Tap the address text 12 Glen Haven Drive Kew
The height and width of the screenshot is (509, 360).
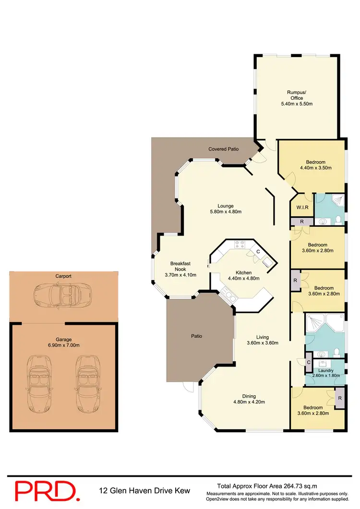tap(144, 491)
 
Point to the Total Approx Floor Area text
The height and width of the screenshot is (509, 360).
tap(266, 486)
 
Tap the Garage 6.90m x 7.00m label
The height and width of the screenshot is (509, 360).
tap(63, 342)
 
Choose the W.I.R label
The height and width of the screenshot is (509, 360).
tap(302, 208)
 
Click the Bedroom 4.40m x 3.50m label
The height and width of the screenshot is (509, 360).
tap(315, 165)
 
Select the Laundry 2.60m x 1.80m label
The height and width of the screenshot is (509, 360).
tap(326, 373)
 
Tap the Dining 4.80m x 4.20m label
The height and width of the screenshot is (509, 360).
tap(249, 399)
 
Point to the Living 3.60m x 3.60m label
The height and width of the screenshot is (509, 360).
tap(262, 340)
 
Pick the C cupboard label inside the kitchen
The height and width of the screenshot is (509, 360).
tap(258, 251)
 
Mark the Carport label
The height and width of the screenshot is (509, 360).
tap(63, 276)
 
